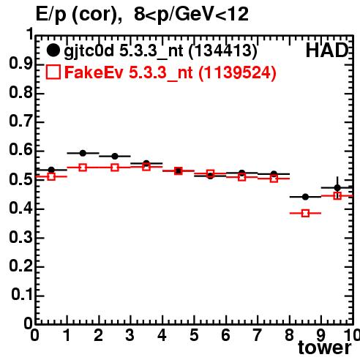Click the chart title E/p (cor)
[x=78, y=15]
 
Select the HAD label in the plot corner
[x=327, y=50]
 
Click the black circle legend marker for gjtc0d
[x=53, y=50]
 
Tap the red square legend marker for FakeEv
[x=53, y=72]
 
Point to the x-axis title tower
[x=325, y=348]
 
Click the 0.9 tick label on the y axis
[x=20, y=64]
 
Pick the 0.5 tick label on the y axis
[x=20, y=179]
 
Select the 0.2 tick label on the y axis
[x=20, y=266]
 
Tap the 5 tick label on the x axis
[x=194, y=335]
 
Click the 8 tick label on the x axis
[x=289, y=335]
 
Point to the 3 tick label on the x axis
[x=130, y=335]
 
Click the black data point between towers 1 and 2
[x=83, y=153]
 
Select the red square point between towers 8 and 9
[x=305, y=214]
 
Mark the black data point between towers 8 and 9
[x=305, y=197]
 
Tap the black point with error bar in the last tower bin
[x=337, y=188]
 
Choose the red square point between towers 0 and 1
[x=51, y=176]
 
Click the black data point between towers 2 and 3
[x=115, y=156]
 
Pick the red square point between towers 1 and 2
[x=83, y=168]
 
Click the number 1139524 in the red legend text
[x=237, y=72]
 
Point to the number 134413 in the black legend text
[x=223, y=50]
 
